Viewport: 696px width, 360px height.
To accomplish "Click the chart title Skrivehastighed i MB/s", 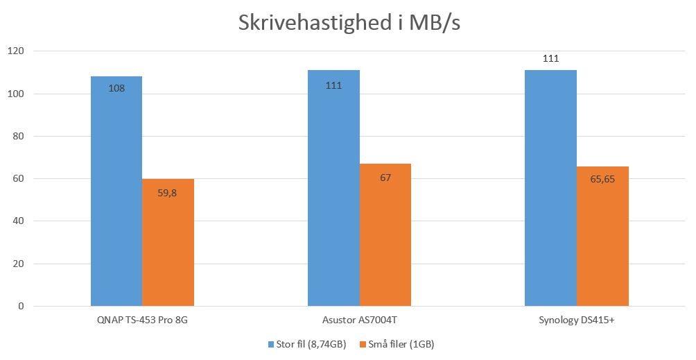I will (349, 22).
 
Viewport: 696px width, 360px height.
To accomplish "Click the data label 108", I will (116, 88).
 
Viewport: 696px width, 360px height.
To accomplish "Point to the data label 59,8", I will (168, 194).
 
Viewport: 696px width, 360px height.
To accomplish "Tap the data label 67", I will (385, 178).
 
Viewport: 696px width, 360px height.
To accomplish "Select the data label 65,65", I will (602, 179).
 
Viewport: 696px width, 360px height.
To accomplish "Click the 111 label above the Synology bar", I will (550, 59).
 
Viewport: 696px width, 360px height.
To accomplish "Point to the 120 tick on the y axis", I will (16, 51).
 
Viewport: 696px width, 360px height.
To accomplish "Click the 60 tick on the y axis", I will (19, 179).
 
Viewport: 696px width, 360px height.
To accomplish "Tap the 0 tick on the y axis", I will (21, 307).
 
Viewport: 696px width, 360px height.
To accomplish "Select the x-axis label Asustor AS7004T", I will (359, 320).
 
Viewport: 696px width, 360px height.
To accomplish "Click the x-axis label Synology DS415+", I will (576, 320).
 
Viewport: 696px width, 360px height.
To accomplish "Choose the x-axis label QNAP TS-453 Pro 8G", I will (142, 320).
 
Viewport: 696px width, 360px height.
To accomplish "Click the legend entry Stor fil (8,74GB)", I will (304, 344).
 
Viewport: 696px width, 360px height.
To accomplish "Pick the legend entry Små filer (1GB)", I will (396, 344).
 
